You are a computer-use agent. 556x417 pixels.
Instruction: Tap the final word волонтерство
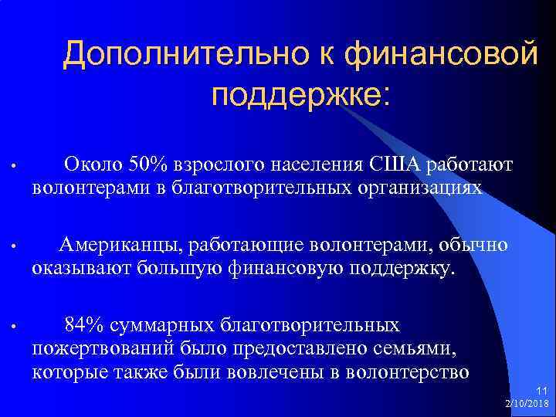coord(406,372)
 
